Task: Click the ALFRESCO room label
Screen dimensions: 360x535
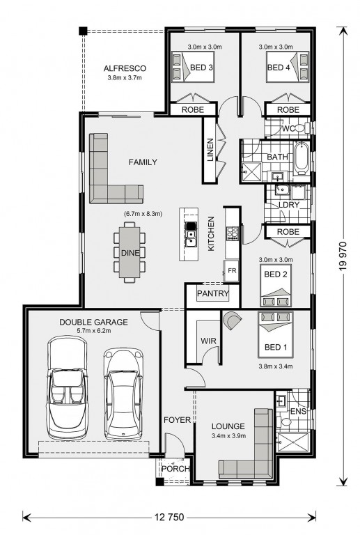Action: pos(125,68)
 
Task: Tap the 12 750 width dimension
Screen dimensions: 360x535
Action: pos(169,517)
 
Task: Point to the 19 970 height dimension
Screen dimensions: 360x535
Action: pos(343,256)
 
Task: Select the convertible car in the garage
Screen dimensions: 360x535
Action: pos(67,387)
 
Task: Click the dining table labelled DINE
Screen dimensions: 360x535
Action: pos(130,252)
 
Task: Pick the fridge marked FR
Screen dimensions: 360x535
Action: pos(231,271)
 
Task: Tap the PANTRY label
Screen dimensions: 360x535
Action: pos(213,293)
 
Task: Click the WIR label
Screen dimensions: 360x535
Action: pos(208,341)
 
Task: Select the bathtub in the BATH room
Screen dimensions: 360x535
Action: pos(302,159)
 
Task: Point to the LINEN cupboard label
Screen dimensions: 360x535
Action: pos(210,150)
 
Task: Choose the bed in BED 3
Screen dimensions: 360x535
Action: pos(193,67)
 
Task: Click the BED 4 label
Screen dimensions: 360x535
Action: pos(279,68)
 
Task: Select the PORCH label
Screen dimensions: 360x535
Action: pos(175,469)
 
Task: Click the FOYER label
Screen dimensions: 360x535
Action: pos(177,419)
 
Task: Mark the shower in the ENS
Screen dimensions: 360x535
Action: pos(293,442)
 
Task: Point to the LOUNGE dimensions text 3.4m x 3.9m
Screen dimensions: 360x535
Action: pos(228,435)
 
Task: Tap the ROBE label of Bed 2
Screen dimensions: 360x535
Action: pos(288,232)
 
